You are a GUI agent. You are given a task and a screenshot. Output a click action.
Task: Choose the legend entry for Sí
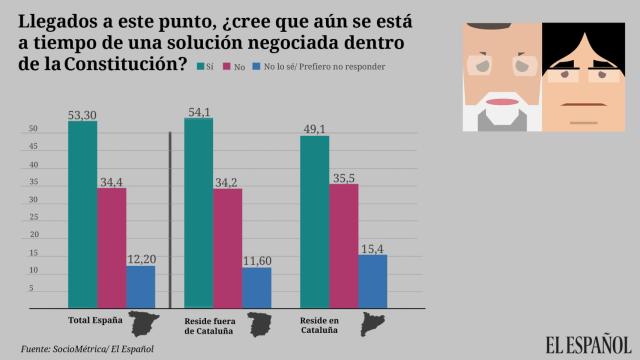(205, 66)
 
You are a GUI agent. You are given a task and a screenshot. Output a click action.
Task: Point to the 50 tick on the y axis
(32, 129)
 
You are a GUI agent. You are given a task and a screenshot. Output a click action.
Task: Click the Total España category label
(94, 322)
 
